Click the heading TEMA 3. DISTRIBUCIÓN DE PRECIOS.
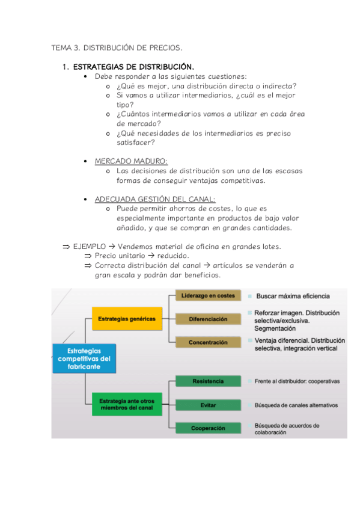click(x=117, y=47)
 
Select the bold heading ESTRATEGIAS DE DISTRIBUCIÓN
click(x=133, y=67)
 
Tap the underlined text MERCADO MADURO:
click(x=131, y=161)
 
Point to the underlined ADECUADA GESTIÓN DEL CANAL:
click(x=155, y=199)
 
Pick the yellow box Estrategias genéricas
click(x=127, y=319)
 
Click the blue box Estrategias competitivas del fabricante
click(x=84, y=358)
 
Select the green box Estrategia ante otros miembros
click(x=127, y=404)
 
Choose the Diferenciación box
click(x=208, y=319)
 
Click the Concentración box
click(x=208, y=342)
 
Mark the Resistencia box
click(x=208, y=381)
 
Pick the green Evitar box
click(x=208, y=405)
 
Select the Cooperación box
click(x=208, y=428)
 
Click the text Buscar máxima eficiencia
click(x=293, y=296)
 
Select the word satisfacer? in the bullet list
click(x=136, y=143)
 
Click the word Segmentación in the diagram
click(x=275, y=328)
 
